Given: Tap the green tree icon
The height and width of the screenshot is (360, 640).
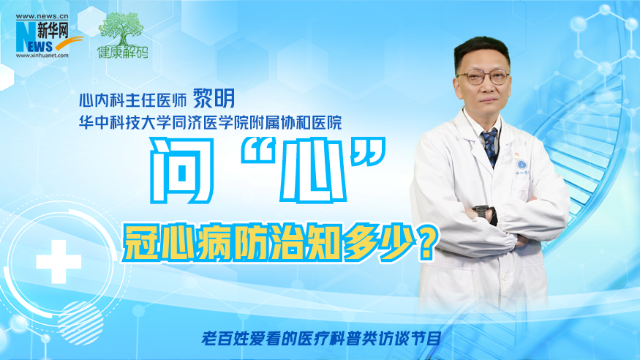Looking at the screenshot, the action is [x=121, y=29].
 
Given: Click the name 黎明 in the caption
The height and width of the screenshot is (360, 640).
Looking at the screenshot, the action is [x=214, y=98].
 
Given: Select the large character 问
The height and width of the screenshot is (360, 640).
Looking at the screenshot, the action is [x=182, y=170].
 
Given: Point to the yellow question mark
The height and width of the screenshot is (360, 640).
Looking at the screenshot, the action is [x=427, y=243].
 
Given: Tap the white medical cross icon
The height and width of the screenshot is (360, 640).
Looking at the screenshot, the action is [x=59, y=262].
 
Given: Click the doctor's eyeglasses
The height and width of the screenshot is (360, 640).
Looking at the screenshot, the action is [x=483, y=77].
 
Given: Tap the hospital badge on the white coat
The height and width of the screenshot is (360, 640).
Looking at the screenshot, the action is [x=522, y=165].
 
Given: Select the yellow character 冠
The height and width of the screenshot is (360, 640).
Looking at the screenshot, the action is [x=140, y=242].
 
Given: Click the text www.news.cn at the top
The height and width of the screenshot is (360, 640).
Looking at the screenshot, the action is [x=42, y=16].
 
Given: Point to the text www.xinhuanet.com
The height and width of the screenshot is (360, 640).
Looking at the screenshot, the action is [x=42, y=56].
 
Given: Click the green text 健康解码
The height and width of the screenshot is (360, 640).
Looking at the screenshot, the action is [x=122, y=52].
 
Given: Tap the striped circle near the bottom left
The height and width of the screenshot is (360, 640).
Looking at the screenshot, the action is [x=80, y=323].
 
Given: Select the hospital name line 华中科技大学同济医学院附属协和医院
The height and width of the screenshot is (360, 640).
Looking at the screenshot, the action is [x=210, y=122].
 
